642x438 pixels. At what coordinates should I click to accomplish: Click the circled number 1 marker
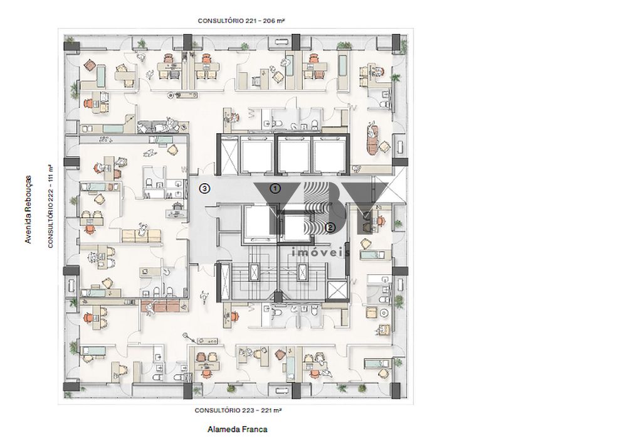275,188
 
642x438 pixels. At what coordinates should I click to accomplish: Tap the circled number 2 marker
330,227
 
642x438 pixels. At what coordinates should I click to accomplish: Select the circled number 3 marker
205,188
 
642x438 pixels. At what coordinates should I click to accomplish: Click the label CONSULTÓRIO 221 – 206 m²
241,21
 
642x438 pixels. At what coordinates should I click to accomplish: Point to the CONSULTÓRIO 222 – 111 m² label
51,206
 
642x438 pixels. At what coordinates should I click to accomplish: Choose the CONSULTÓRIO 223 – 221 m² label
238,410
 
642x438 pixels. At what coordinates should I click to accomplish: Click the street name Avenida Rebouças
28,210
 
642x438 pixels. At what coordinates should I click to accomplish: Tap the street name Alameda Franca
238,429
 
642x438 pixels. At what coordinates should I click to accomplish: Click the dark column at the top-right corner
396,43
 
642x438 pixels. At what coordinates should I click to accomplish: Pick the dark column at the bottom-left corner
71,387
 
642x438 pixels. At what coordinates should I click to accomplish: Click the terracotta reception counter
160,306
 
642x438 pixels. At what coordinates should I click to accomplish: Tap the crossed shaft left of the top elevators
228,155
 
